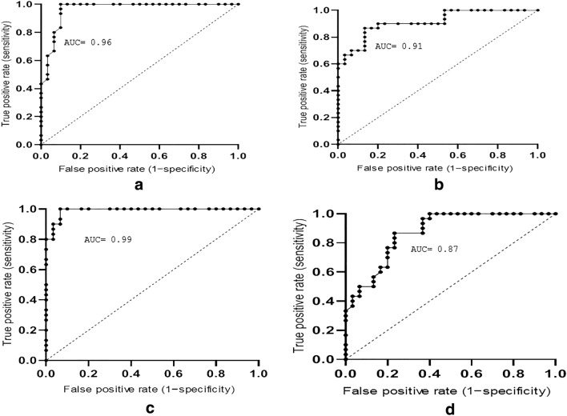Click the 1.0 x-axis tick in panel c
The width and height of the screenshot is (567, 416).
(x=258, y=373)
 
